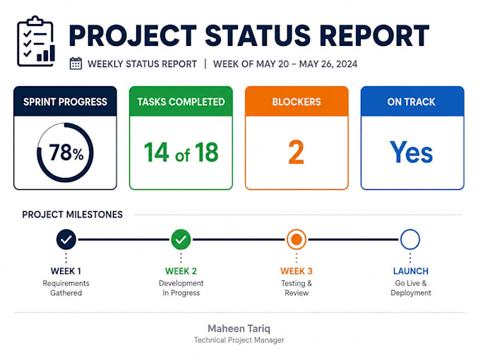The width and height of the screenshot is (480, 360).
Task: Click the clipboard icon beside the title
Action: tap(36, 41)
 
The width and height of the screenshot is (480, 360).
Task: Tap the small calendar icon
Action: tap(76, 64)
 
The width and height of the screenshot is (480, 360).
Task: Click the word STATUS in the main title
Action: tap(258, 36)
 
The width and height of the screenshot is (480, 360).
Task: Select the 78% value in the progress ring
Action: tap(66, 152)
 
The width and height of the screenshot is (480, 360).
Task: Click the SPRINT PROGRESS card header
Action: tap(65, 102)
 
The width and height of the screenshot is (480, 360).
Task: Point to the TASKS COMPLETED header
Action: tap(181, 102)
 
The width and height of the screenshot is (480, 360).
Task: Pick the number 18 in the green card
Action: tap(207, 152)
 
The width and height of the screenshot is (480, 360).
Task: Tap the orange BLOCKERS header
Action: tap(296, 102)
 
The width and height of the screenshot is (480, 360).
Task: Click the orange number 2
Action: tap(296, 152)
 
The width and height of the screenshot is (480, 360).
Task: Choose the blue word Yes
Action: tap(411, 152)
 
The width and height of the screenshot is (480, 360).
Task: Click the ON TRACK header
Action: tap(412, 102)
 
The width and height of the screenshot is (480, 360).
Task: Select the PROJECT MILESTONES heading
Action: tap(72, 215)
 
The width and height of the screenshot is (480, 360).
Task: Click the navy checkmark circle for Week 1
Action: tap(66, 239)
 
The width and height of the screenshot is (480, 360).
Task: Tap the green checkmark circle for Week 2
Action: tap(181, 239)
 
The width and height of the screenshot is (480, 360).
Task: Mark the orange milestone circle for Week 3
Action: tap(296, 239)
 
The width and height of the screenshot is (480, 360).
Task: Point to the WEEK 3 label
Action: tap(296, 271)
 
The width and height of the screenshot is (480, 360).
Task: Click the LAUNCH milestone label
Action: tap(411, 271)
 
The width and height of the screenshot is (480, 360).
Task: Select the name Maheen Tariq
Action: tap(239, 329)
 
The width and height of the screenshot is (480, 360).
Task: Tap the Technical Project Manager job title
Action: tap(239, 340)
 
